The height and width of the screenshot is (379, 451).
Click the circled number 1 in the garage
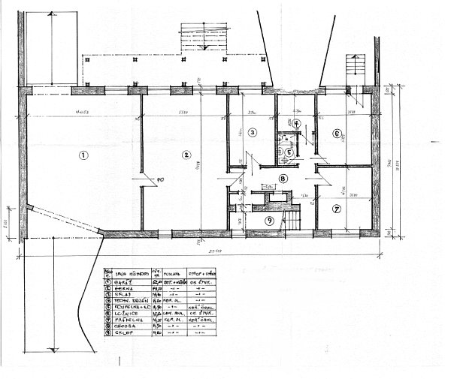point(83,155)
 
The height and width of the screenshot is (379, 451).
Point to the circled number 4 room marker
point(296,124)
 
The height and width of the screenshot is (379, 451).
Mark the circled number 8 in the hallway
point(282,178)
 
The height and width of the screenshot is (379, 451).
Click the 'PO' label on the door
point(159,179)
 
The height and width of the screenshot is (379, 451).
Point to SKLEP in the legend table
point(124,334)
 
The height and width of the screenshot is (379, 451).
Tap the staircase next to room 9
point(290,219)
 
